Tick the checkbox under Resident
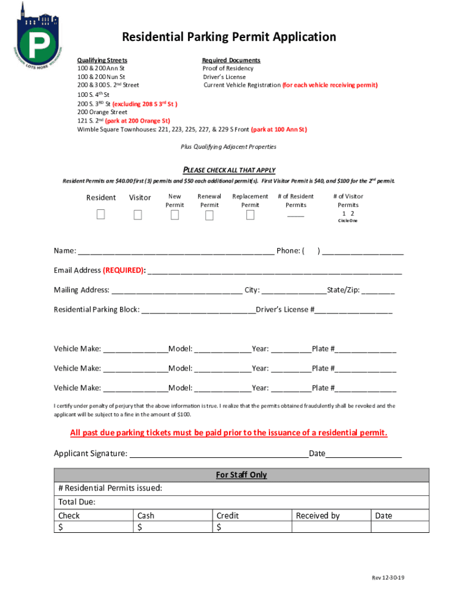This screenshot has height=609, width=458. [101, 215]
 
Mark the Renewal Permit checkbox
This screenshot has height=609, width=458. [209, 215]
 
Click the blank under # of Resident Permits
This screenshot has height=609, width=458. [296, 215]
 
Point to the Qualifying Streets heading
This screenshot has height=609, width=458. [102, 60]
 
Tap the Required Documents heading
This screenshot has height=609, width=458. [231, 60]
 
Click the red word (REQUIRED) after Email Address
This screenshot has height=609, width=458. [124, 270]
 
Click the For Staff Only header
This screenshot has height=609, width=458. [241, 475]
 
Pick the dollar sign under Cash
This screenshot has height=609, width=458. [140, 527]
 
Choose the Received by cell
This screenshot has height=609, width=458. [318, 516]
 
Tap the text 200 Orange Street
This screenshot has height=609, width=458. [102, 112]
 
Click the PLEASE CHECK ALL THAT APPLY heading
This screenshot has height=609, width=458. [228, 170]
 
